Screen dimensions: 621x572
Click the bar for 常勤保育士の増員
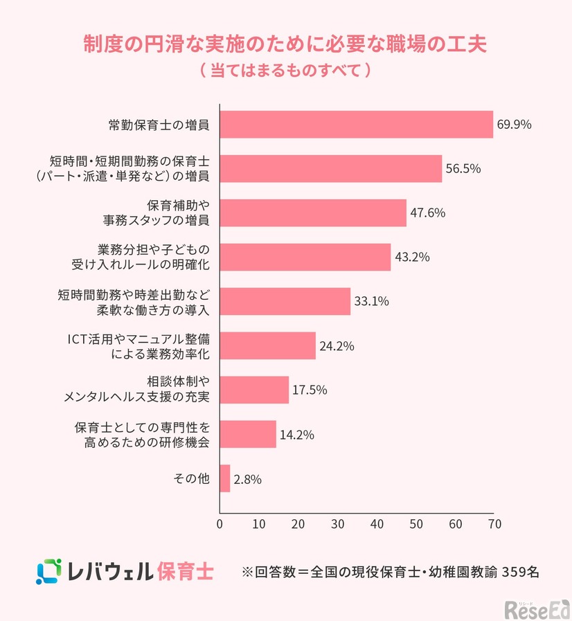click(356, 125)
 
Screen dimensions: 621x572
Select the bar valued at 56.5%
click(330, 169)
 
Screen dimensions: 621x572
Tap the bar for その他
click(224, 478)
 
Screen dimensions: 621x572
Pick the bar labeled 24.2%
click(267, 345)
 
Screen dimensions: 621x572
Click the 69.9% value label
click(514, 125)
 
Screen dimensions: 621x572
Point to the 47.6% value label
click(427, 213)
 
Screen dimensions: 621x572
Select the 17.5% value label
click(310, 389)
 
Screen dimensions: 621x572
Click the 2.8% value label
click(247, 478)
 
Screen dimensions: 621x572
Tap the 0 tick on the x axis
click(220, 524)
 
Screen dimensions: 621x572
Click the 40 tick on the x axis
click(376, 524)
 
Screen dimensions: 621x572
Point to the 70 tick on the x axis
click(493, 524)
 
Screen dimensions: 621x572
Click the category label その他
click(193, 478)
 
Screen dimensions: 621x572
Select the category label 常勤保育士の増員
click(159, 125)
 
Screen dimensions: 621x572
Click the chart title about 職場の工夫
click(285, 44)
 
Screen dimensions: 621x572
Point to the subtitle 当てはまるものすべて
click(285, 71)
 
